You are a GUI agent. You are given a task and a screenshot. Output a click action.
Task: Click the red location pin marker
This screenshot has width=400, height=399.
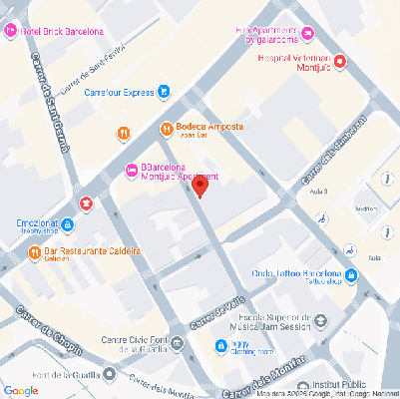[200, 187]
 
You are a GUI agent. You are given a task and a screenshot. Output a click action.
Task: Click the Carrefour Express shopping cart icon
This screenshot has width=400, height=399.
[163, 92]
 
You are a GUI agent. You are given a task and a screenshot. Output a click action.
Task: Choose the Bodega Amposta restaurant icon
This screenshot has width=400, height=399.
[167, 129]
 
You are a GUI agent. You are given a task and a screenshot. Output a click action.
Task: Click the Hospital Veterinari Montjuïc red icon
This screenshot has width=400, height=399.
[341, 63]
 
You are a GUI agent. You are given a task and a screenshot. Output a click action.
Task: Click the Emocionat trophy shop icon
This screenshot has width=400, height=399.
[87, 203]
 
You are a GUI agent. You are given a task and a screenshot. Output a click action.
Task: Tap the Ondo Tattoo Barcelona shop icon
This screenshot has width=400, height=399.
[350, 274]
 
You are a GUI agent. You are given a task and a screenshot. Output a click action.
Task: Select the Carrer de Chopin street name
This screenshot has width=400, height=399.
[39, 328]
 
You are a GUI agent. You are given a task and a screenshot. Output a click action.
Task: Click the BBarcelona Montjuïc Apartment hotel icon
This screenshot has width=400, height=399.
[132, 169]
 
